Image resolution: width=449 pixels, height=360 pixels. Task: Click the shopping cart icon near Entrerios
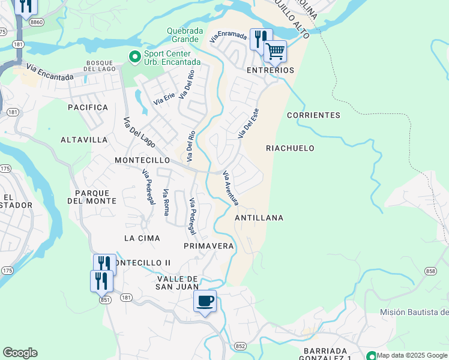(x=275, y=52)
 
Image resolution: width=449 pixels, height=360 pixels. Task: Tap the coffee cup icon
(x=205, y=301)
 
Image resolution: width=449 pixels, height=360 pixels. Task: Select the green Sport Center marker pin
(x=134, y=56)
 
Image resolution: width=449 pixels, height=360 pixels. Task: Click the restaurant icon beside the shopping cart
(x=261, y=39)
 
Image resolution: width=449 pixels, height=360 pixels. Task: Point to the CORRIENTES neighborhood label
(x=313, y=115)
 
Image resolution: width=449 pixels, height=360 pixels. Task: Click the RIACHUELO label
(x=290, y=148)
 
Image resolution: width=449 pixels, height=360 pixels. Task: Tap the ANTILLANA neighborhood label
(x=259, y=218)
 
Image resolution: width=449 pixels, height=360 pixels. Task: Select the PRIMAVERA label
(x=208, y=247)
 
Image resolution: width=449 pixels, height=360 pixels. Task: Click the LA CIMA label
(x=142, y=238)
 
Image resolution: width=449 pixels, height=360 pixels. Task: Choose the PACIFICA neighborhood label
(x=88, y=107)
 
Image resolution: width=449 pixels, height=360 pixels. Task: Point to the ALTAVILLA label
(x=84, y=140)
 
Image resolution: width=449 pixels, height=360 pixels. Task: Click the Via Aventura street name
(x=231, y=188)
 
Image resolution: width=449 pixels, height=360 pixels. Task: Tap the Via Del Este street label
(x=248, y=123)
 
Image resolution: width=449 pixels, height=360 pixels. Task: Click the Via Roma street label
(x=166, y=202)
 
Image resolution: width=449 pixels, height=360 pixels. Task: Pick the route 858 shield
(x=430, y=272)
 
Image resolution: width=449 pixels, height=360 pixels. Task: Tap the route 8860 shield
(x=36, y=21)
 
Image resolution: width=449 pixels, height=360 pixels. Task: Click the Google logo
(x=20, y=353)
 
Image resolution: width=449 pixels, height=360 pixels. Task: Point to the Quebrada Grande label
(x=185, y=35)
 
